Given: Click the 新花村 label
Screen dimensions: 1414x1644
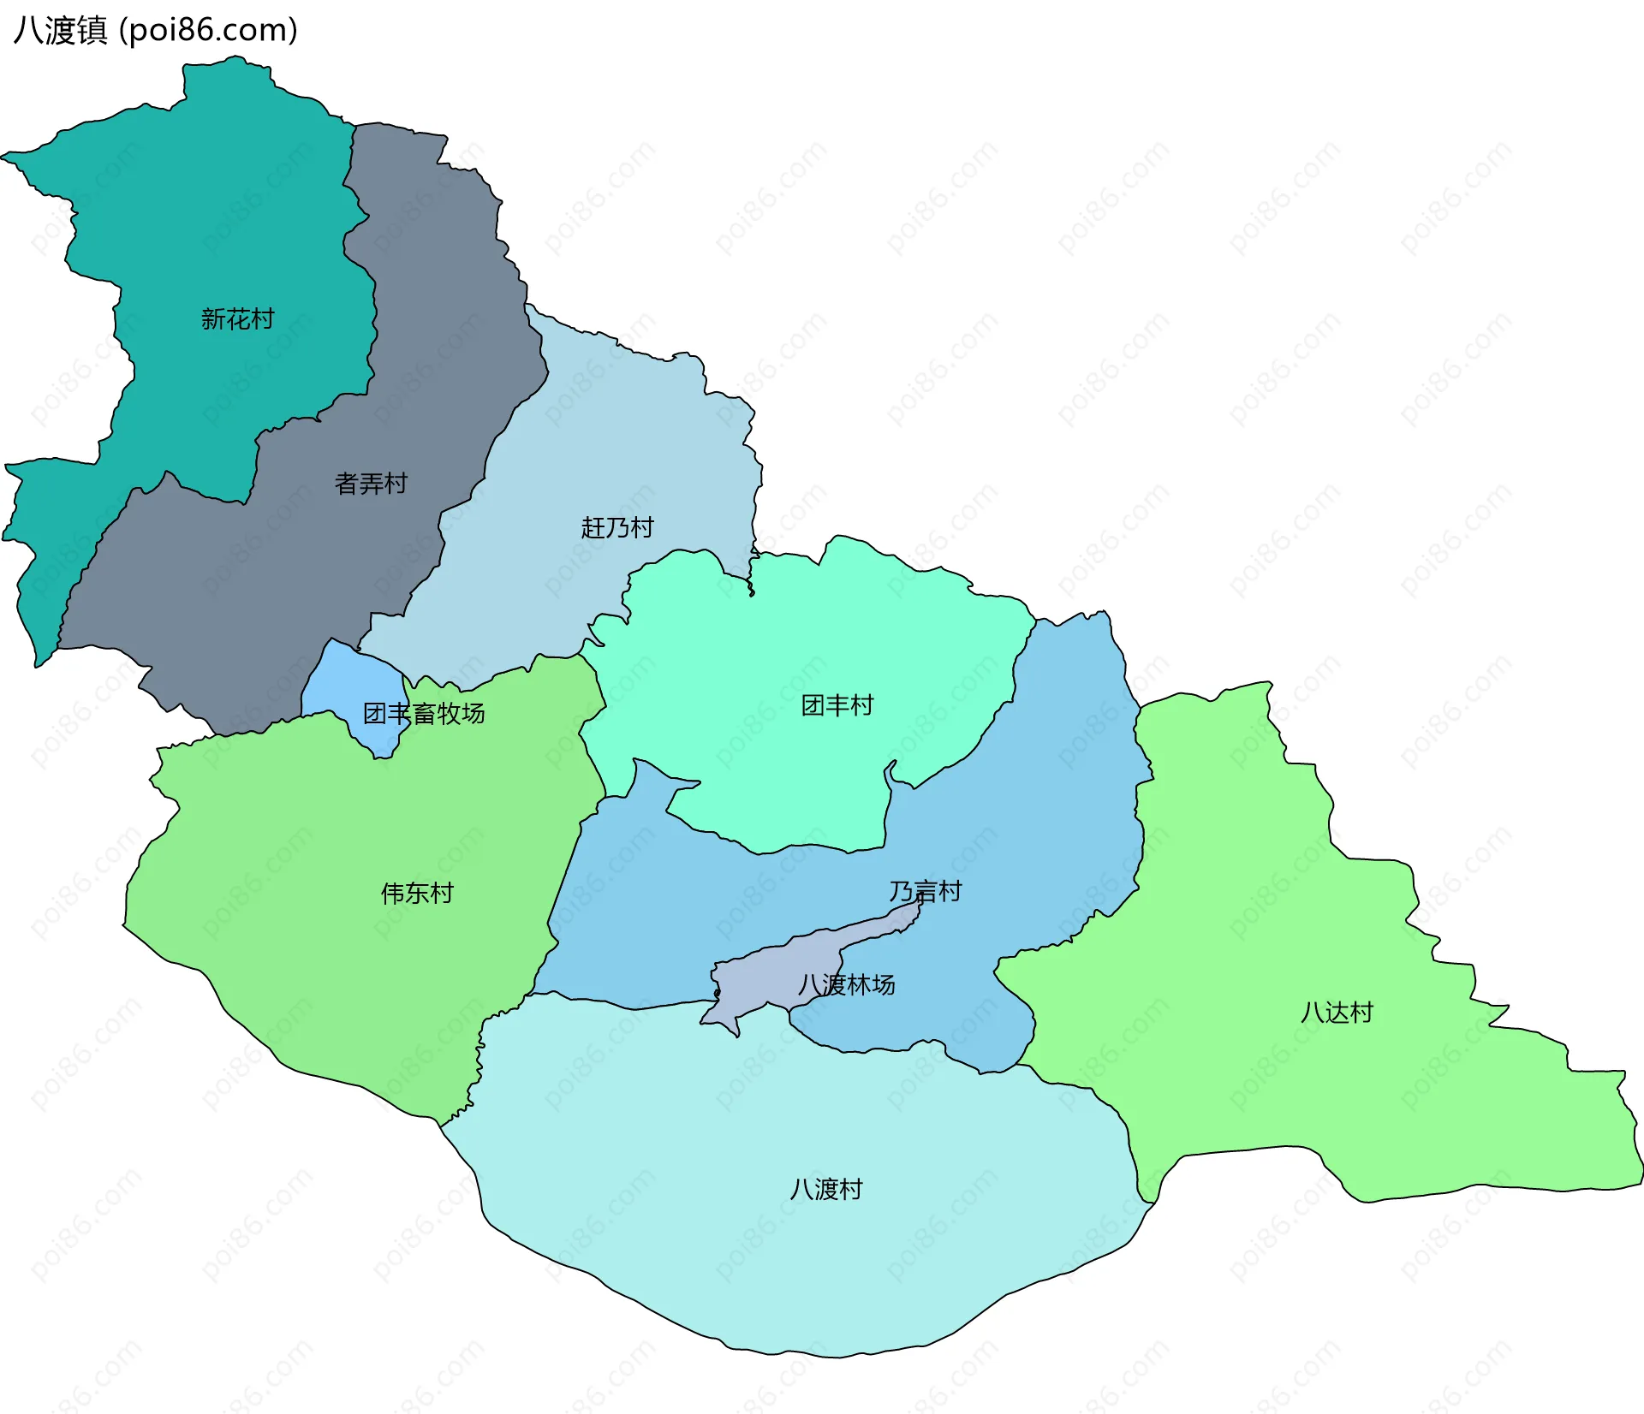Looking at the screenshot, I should point(237,319).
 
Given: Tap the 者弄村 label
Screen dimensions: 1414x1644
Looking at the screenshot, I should point(371,484).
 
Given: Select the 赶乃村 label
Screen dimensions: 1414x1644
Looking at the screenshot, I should point(616,527).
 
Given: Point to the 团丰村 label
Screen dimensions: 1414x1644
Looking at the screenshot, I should point(837,705).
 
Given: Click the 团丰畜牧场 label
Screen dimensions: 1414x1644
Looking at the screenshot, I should point(424,713).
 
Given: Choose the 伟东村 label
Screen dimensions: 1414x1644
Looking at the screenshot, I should point(417,894).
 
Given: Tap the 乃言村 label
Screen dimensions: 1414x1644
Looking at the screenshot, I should point(925,892).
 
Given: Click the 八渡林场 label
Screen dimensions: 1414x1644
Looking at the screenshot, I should point(846,985).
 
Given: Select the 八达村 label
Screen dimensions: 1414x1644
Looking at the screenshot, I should point(1337,1013).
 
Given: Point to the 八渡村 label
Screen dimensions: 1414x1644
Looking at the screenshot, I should point(825,1190).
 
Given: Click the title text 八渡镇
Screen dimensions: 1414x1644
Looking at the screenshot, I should point(60,31).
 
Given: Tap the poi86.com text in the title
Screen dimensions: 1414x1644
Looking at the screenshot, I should point(209,31).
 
